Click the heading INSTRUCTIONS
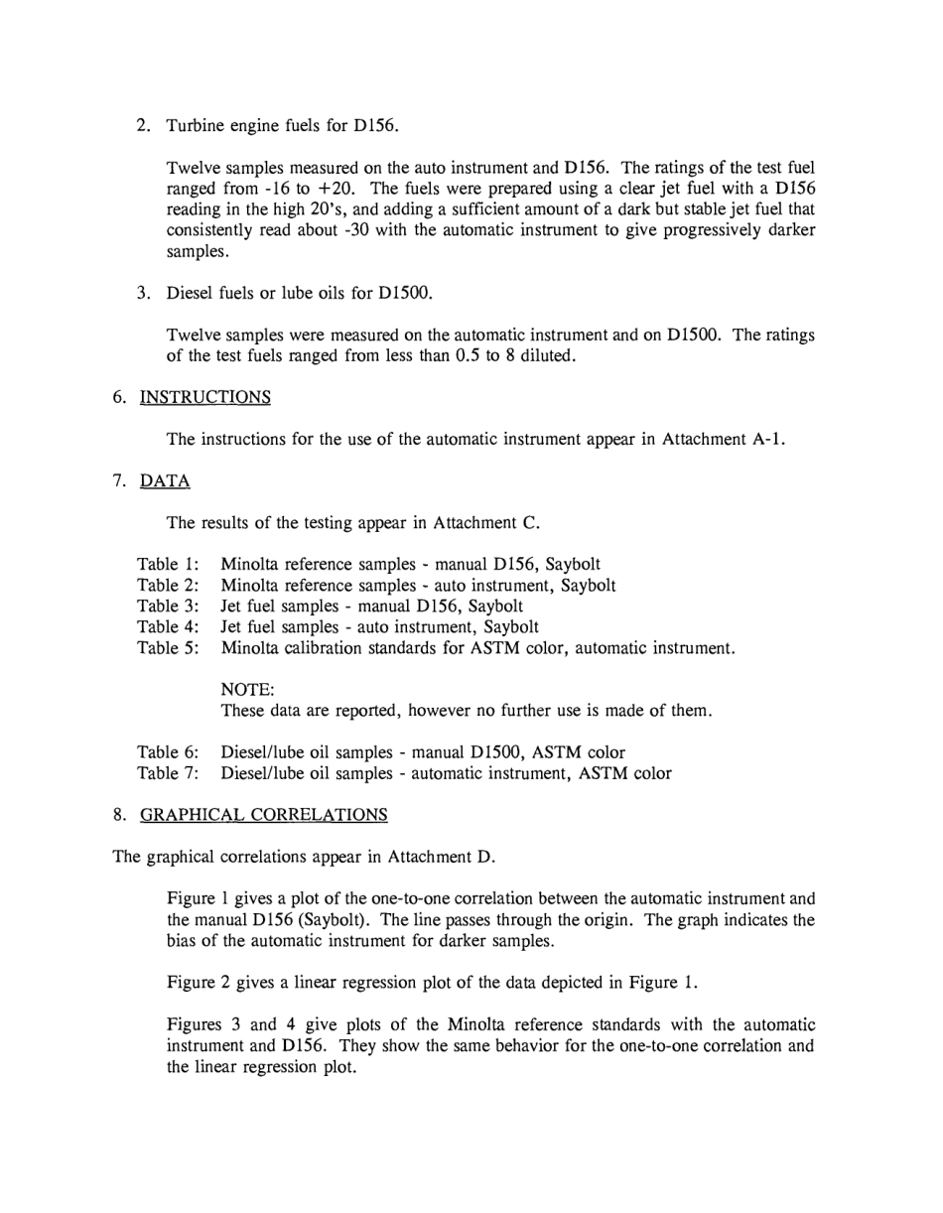click(x=204, y=397)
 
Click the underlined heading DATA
click(x=165, y=480)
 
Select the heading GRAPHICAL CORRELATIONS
click(x=263, y=814)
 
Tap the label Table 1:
click(x=168, y=564)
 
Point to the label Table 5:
click(x=168, y=647)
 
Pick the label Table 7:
click(x=168, y=772)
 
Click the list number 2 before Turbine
click(x=143, y=125)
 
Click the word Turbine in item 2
click(x=197, y=125)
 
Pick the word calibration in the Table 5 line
click(x=329, y=647)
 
